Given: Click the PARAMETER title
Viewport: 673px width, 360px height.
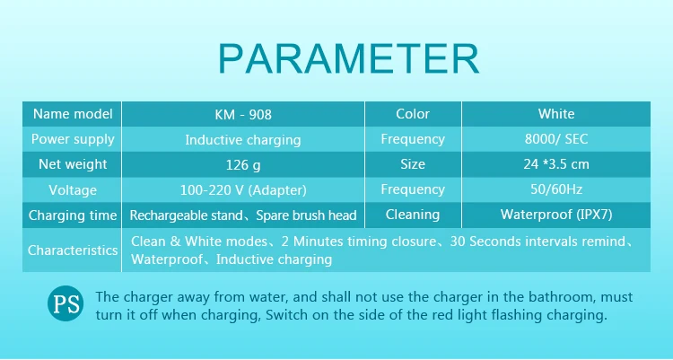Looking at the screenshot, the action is (348, 59).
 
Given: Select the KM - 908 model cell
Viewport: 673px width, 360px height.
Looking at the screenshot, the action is (243, 114).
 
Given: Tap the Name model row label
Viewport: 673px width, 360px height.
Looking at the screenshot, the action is (73, 114).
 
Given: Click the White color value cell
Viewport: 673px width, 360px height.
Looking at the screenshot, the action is (556, 114).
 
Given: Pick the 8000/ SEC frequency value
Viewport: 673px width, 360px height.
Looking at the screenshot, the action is (556, 139).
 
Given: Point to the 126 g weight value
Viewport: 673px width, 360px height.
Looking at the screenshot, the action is (243, 164).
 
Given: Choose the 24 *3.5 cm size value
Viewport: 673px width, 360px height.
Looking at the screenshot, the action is (556, 164).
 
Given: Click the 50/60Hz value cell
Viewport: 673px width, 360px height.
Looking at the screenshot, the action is (556, 189).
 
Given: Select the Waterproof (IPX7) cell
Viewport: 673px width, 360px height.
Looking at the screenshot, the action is (556, 215).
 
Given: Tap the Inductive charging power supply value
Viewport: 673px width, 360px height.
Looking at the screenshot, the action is (243, 140).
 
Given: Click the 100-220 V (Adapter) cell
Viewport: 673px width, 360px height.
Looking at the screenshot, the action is (243, 190).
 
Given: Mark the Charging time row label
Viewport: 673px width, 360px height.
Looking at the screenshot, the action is (73, 215).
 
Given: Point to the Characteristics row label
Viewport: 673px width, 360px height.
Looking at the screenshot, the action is (73, 250).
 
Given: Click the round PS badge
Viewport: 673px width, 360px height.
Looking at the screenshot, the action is (66, 303).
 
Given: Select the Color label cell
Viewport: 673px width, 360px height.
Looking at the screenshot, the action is (413, 114).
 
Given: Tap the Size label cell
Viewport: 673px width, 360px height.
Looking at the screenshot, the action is (413, 164).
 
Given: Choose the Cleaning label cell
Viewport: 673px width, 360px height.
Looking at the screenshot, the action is (413, 215).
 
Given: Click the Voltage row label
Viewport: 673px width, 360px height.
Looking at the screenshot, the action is (73, 190).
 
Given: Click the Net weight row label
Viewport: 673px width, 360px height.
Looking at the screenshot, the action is (73, 164).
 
